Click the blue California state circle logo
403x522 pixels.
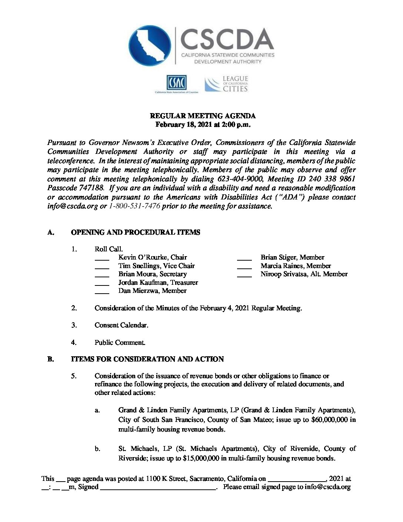tap(150, 46)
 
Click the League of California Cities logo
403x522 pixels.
tap(226, 84)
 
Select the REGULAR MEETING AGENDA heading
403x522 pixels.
tap(203, 116)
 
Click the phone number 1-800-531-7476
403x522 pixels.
tap(134, 206)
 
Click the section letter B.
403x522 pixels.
tap(50, 359)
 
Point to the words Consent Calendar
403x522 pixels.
tap(121, 325)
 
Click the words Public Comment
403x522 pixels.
tap(120, 343)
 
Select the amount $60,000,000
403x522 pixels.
tap(329, 420)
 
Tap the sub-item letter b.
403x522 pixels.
tap(97, 449)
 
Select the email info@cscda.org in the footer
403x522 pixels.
tap(327, 487)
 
